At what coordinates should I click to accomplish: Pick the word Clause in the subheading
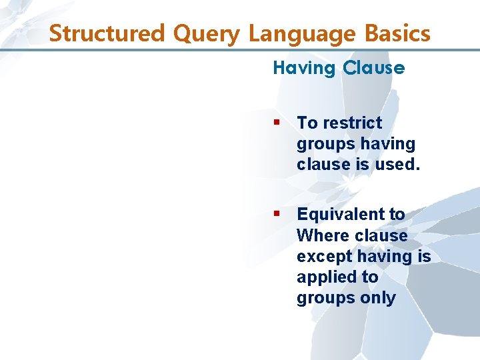click(374, 68)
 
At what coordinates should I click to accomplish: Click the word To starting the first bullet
click(307, 123)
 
